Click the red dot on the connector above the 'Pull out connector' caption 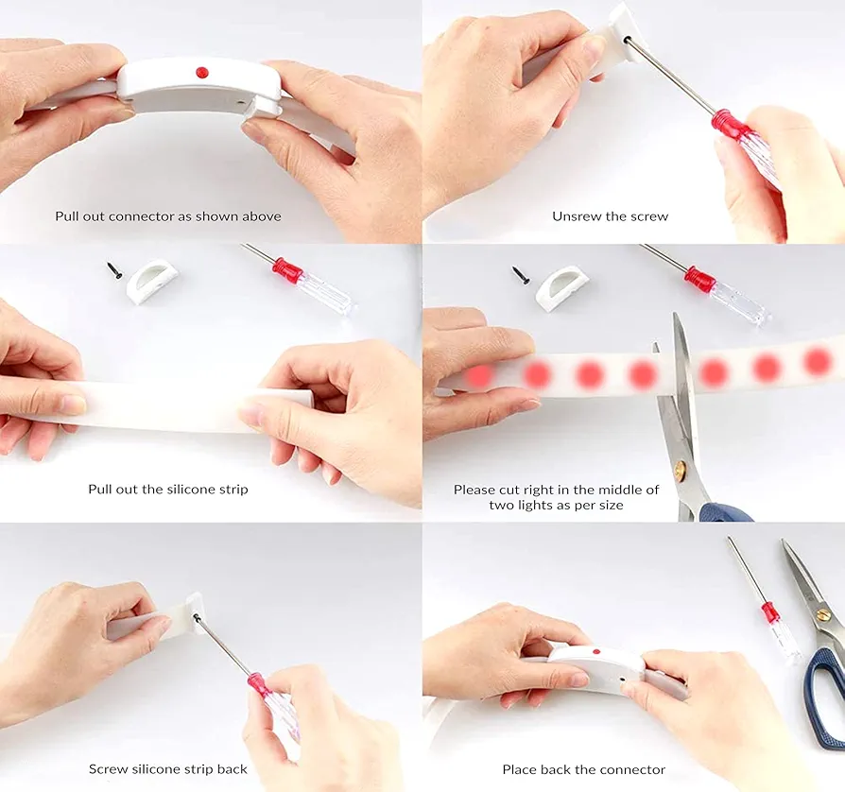pos(202,71)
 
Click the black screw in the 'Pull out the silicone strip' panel pos(114,270)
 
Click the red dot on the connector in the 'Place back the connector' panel pos(596,651)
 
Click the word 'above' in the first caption pos(262,216)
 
